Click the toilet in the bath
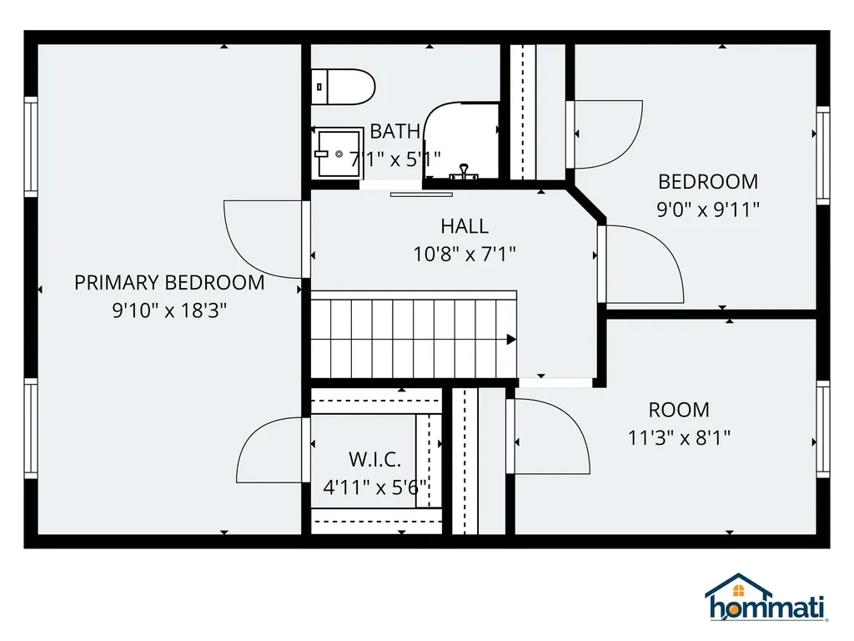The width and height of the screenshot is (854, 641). tap(343, 87)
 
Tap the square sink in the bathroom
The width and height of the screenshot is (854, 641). tap(339, 154)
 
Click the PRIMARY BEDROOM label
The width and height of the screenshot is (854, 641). tap(169, 282)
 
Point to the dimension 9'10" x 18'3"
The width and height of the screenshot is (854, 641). tap(169, 310)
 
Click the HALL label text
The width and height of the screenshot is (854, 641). tap(464, 225)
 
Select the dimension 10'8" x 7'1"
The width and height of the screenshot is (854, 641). tap(464, 254)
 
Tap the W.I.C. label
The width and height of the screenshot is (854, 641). tap(374, 460)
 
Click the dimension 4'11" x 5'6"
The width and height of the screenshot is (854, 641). tap(374, 487)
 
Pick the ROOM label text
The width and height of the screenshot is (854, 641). tap(679, 409)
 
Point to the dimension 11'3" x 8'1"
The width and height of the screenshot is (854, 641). tap(679, 437)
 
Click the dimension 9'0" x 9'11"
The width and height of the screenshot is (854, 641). tap(707, 209)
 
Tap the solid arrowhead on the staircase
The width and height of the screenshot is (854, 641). tap(511, 340)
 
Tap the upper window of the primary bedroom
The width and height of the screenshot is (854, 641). tap(31, 147)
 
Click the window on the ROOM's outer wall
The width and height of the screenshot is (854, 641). tap(823, 428)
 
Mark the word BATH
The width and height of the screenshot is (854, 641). tap(394, 131)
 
